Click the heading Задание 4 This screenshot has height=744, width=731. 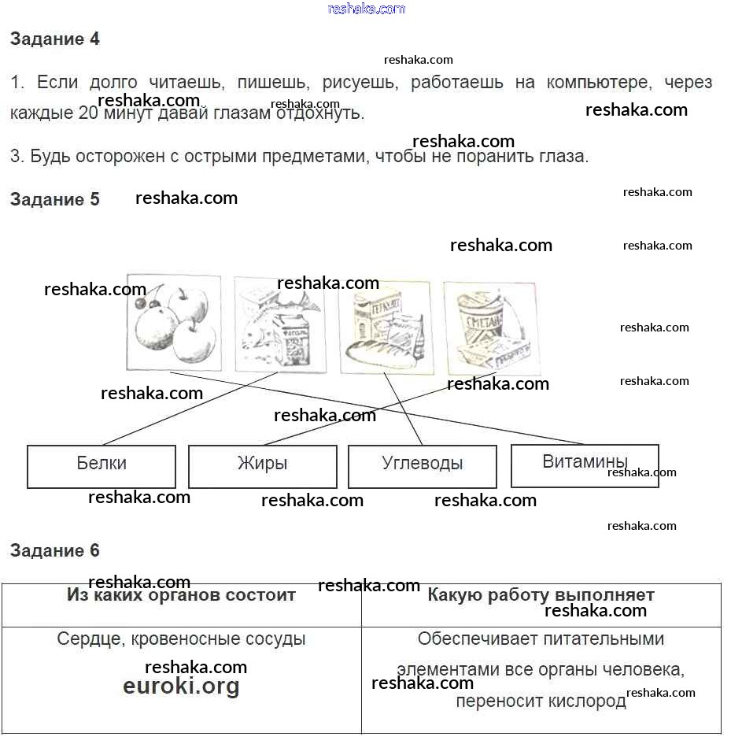tap(54, 39)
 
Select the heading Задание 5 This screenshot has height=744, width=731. tap(54, 199)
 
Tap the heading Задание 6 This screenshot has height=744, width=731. tap(54, 550)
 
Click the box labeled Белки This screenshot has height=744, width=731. tap(102, 466)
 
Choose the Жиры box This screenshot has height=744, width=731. tap(262, 466)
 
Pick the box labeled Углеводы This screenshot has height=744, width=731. tap(422, 466)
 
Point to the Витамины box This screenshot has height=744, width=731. tap(585, 465)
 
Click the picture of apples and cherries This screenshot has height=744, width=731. tap(173, 322)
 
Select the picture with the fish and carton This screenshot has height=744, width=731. tap(280, 324)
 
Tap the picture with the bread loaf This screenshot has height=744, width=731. tap(386, 327)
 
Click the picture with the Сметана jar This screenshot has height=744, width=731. tap(492, 328)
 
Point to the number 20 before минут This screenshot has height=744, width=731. tap(90, 113)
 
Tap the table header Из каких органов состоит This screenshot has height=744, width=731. tap(181, 595)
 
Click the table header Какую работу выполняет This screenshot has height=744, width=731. tap(541, 595)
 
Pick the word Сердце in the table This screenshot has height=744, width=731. tap(86, 639)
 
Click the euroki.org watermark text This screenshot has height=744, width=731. tap(181, 687)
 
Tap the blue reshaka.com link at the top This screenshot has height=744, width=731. tap(366, 9)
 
